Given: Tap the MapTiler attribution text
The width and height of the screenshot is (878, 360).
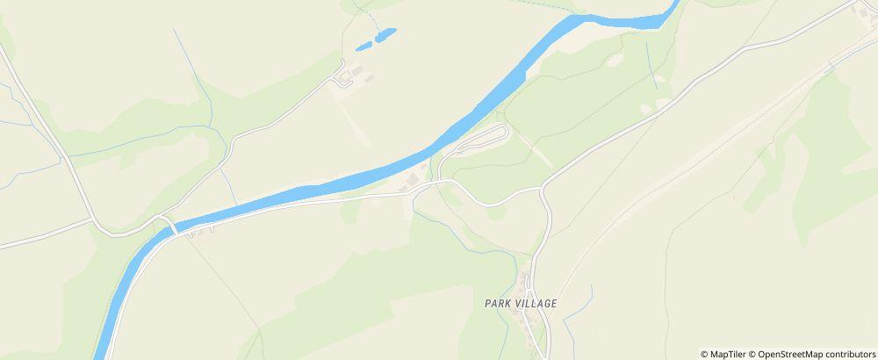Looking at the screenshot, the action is [x=729, y=354].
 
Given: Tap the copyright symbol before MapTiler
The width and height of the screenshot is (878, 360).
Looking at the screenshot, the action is [x=704, y=354].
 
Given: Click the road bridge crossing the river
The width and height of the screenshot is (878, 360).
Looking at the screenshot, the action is [x=174, y=227].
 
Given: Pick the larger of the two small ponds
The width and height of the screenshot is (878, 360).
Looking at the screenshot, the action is [x=385, y=35].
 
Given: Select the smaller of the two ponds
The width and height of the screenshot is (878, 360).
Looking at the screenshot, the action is [x=362, y=46].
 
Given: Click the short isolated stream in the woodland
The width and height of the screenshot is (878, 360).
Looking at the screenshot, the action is [x=651, y=66].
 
